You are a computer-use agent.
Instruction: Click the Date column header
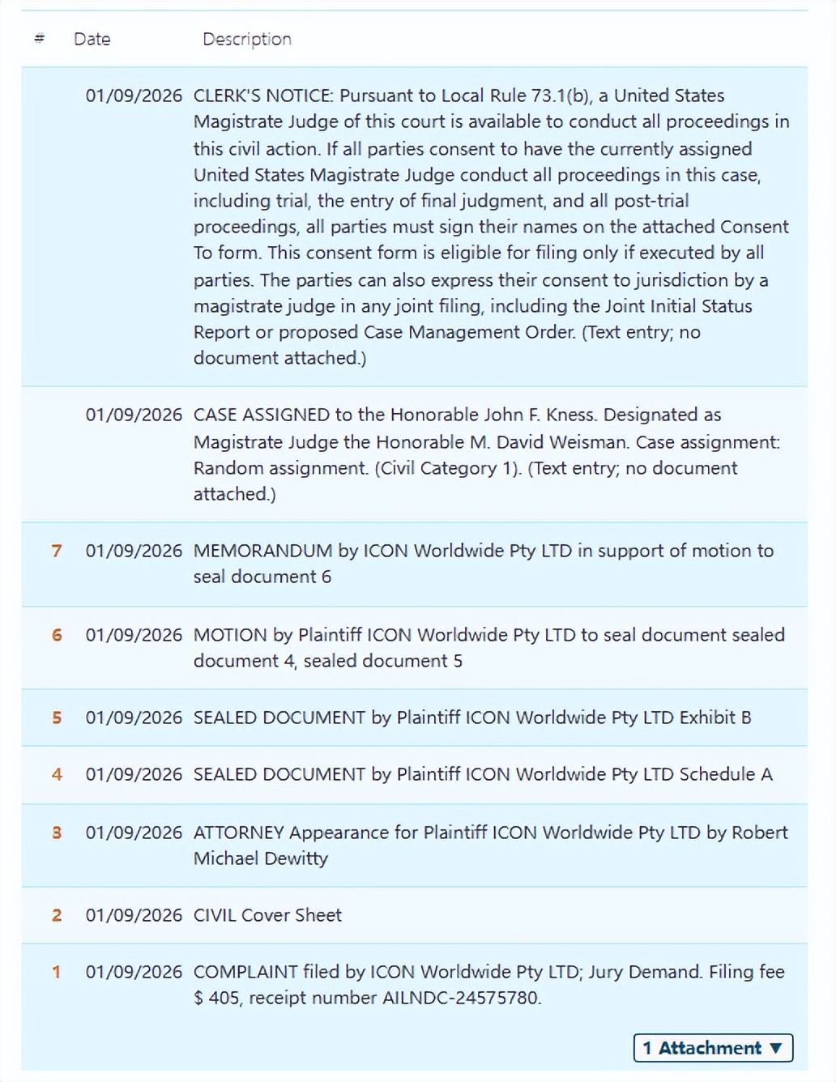coord(92,39)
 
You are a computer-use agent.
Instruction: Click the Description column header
coord(247,39)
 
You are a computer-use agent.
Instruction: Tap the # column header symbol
coord(40,39)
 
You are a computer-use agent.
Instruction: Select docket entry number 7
coord(57,552)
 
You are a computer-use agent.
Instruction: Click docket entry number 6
coord(57,636)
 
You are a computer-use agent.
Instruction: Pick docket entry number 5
coord(57,718)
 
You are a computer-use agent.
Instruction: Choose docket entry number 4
coord(57,775)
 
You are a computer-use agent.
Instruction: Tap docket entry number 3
coord(57,833)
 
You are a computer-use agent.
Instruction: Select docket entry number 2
coord(57,916)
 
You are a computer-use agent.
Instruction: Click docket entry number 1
coord(57,973)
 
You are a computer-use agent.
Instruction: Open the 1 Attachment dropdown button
coord(713,1048)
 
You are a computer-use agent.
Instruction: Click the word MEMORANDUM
coord(262,552)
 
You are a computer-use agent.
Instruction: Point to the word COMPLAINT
coord(245,972)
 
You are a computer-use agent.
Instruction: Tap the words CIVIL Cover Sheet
coord(267,916)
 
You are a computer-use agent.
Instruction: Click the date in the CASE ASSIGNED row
coord(134,415)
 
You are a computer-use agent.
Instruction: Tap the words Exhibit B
coord(714,718)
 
